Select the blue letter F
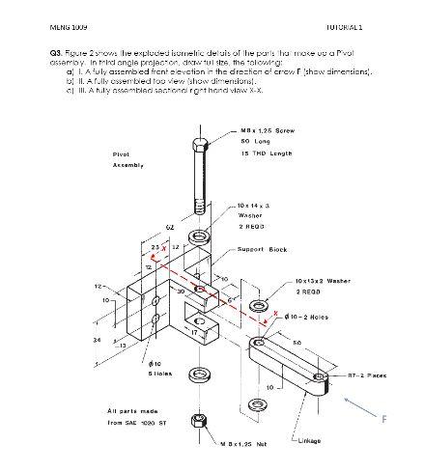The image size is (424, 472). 384,419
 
